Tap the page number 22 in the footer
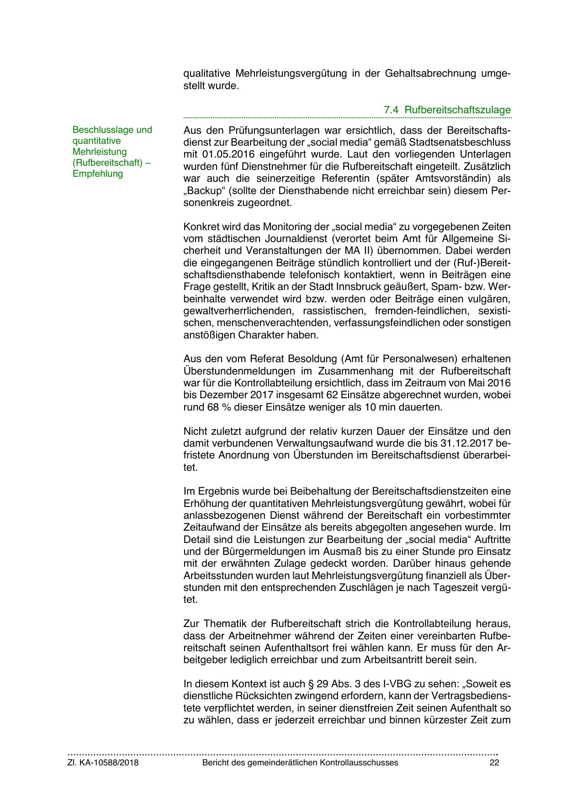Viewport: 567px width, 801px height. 494,763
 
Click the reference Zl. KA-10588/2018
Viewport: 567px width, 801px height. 103,763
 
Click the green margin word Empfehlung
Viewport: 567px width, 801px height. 98,174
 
